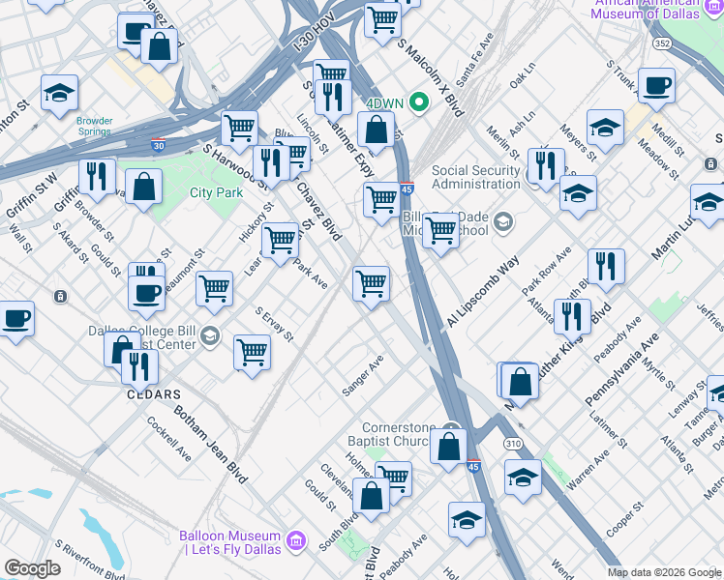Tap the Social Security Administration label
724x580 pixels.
coord(476,178)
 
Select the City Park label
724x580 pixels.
coord(216,193)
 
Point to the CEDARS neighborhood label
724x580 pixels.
coord(154,394)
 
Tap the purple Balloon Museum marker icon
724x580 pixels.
coord(296,537)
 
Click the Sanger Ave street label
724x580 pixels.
coord(363,376)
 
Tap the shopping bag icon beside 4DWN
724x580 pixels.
coord(376,128)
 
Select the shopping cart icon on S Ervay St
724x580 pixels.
coord(252,352)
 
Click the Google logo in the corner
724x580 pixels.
coord(32,568)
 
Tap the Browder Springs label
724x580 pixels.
coord(94,127)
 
